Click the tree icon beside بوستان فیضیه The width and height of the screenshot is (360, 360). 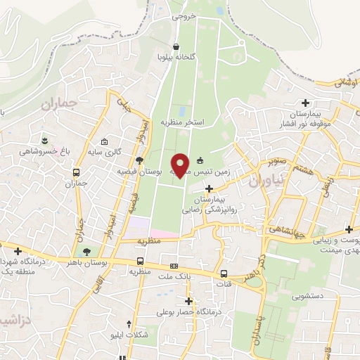click(x=139, y=160)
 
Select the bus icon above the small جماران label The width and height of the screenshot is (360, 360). click(x=76, y=172)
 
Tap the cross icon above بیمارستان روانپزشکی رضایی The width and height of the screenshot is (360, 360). click(x=208, y=188)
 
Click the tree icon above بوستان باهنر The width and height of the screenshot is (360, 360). click(x=86, y=251)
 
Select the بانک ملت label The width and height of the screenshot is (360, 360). click(x=175, y=276)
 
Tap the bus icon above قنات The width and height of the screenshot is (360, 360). click(x=224, y=274)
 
